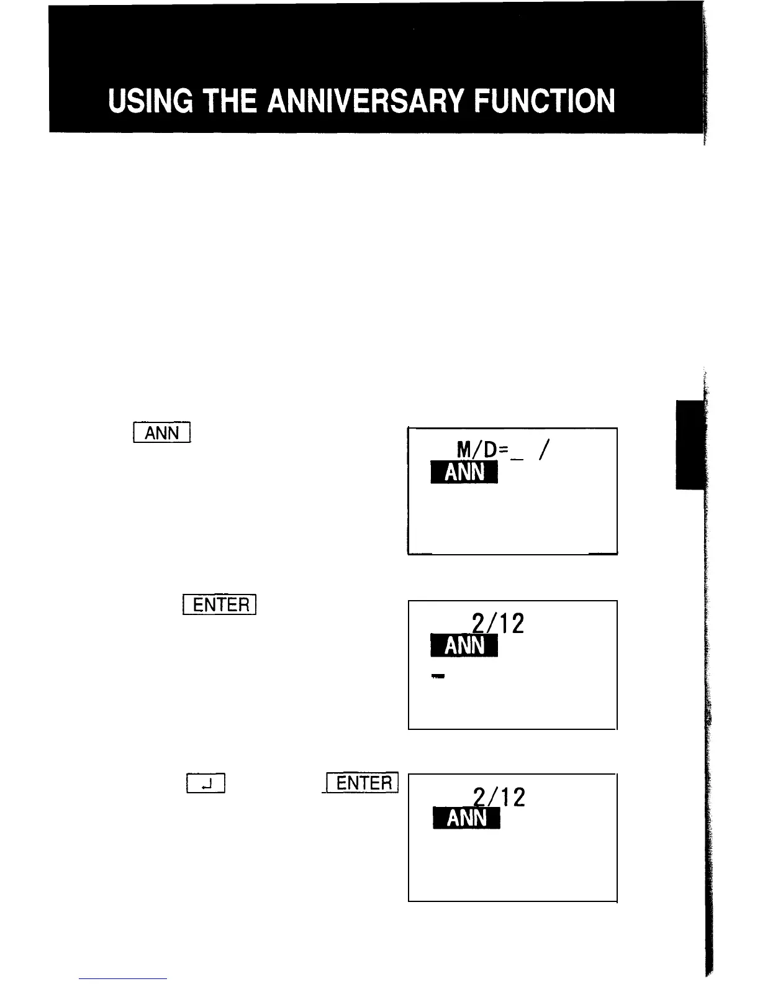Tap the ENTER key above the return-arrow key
[x=220, y=604]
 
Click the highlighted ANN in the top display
[x=464, y=473]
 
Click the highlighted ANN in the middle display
[x=464, y=646]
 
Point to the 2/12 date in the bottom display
[x=499, y=796]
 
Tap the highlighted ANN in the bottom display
[x=465, y=818]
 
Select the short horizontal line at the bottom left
[x=123, y=978]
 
